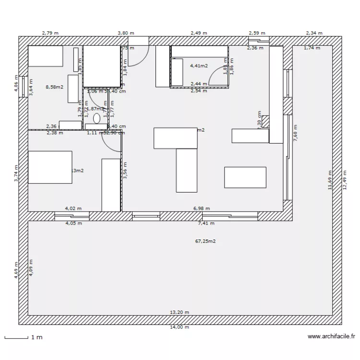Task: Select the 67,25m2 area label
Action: (205, 241)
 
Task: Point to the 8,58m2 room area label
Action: (54, 87)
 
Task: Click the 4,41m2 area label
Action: (199, 66)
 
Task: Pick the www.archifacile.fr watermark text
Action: (331, 337)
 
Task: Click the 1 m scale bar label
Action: (36, 337)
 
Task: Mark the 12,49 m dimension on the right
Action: (345, 180)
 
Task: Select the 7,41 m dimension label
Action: (206, 223)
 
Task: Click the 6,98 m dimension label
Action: (202, 208)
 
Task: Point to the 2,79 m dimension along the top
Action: (50, 33)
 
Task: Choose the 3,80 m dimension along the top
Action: (126, 33)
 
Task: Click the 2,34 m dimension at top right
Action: (314, 33)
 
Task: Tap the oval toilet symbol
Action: (96, 118)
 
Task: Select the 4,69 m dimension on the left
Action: (16, 270)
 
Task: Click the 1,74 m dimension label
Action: (312, 48)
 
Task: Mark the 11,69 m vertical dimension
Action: (330, 180)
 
